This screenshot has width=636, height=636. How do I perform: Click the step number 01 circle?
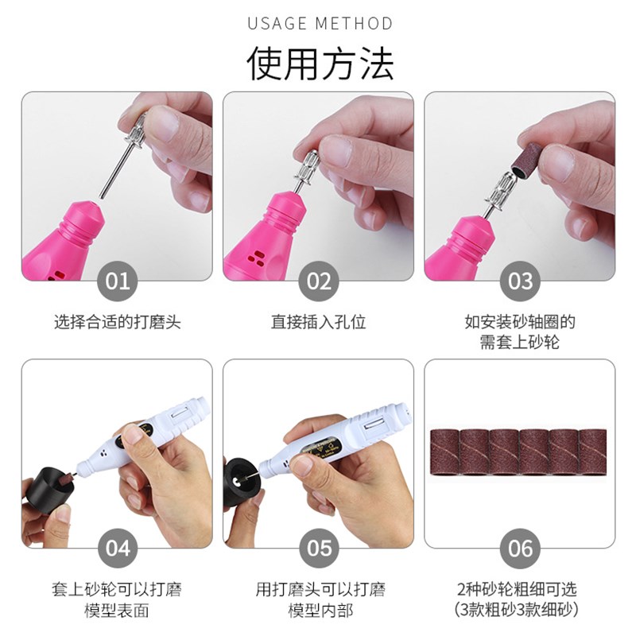[x=117, y=281]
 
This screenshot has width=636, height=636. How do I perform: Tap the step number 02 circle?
[x=318, y=281]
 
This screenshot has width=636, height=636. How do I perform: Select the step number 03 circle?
[x=520, y=281]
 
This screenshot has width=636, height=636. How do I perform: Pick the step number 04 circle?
[x=117, y=548]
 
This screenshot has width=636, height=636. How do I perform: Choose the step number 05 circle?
[x=318, y=548]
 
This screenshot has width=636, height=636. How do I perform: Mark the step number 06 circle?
[x=520, y=548]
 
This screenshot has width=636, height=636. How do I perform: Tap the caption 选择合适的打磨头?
[x=117, y=323]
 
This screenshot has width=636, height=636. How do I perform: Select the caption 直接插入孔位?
[x=318, y=323]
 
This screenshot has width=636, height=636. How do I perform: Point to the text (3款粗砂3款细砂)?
[x=519, y=611]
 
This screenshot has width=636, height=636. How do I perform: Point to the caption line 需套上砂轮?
[x=519, y=343]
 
